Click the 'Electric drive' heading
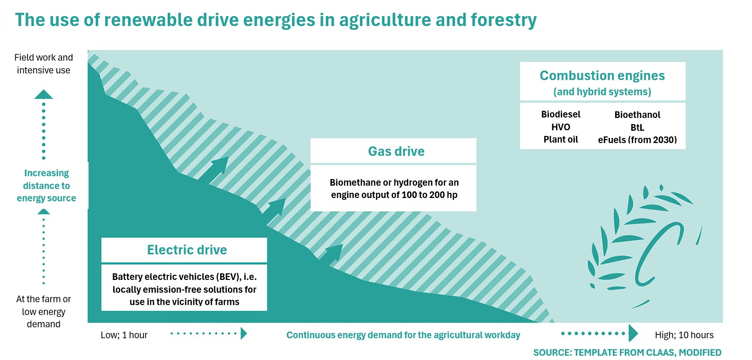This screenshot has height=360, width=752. click(x=187, y=250)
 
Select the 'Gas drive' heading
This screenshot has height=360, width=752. click(x=396, y=152)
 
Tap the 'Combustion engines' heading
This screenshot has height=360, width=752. click(x=602, y=76)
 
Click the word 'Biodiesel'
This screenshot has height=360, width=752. click(x=561, y=115)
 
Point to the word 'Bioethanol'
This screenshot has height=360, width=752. click(x=637, y=115)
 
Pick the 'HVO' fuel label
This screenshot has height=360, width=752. click(x=561, y=127)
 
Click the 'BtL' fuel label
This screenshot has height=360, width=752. click(x=637, y=127)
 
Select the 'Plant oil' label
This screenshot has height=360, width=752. click(x=561, y=140)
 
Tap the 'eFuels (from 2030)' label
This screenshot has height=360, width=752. click(x=637, y=140)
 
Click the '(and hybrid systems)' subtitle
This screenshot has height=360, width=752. click(x=602, y=92)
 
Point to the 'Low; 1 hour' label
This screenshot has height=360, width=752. click(x=124, y=335)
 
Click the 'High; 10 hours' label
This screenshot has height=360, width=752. click(x=684, y=335)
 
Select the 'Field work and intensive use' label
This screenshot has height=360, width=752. click(x=44, y=64)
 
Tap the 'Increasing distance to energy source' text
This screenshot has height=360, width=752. click(x=46, y=186)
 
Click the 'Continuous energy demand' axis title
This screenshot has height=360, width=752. click(x=403, y=335)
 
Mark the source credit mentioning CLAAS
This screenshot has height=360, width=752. click(x=627, y=352)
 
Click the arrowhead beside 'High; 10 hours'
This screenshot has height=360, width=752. click(x=633, y=333)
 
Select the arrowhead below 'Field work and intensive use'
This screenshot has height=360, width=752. click(x=44, y=95)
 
